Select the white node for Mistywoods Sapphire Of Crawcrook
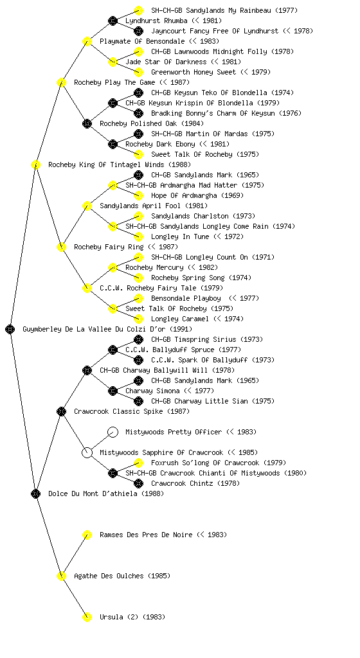point(87,452)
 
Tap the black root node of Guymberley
point(10,329)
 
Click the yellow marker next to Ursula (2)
point(87,617)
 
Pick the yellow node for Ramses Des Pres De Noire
point(87,535)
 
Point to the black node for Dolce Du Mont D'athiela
point(35,493)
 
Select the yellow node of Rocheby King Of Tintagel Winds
point(35,164)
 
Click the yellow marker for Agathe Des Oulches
point(61,576)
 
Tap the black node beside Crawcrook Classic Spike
point(61,411)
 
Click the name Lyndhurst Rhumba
point(156,21)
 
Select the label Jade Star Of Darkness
point(166,62)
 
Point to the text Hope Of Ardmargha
point(184,195)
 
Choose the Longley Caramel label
point(180,319)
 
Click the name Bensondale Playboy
point(186,298)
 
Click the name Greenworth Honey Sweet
point(194,72)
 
